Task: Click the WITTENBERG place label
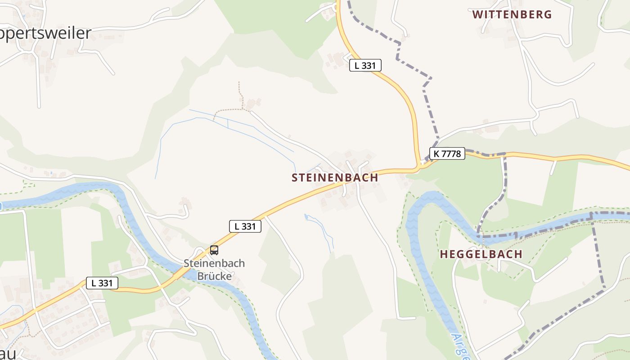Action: point(512,14)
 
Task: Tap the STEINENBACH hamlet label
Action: point(335,178)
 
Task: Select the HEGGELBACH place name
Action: point(481,254)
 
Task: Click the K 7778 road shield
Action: point(447,153)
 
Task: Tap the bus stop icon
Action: point(214,250)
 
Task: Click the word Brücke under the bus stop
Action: point(214,276)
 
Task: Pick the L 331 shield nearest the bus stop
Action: point(245,226)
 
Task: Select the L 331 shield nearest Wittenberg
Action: point(365,65)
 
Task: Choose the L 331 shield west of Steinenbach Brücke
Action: point(102,283)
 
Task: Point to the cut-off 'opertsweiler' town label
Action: point(45,33)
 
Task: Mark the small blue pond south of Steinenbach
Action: point(307,218)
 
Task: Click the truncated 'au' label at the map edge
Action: point(8,353)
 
